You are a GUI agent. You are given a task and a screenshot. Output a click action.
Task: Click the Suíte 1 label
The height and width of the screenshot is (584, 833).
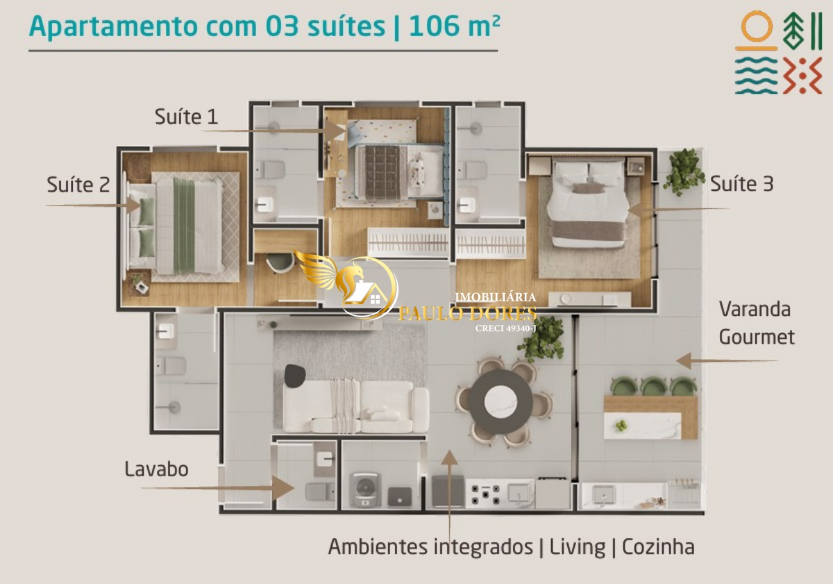click(186, 117)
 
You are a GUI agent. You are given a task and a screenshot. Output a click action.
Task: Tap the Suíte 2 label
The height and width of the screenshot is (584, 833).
click(78, 185)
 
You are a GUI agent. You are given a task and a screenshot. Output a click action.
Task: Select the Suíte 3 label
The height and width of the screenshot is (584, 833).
click(742, 184)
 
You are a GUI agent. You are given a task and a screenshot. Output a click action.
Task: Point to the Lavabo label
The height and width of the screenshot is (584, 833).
click(156, 469)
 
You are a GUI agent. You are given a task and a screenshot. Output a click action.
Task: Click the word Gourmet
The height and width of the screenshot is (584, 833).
click(757, 337)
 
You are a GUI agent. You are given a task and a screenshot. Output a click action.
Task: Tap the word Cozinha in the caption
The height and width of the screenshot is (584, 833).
click(658, 547)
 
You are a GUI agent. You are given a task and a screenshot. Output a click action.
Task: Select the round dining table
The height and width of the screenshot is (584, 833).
click(500, 401)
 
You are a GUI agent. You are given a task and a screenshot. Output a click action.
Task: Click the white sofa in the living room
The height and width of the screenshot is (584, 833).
click(356, 406)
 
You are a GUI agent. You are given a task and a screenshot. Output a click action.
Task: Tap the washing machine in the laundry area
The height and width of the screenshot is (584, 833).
click(366, 490)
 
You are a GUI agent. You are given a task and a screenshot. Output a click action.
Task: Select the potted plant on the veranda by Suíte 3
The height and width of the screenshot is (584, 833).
click(684, 172)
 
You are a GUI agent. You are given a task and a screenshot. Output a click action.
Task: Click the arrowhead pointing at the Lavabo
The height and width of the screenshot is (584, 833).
click(283, 488)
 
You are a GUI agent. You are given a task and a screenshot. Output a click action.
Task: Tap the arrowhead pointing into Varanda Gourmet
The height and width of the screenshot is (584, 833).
click(684, 360)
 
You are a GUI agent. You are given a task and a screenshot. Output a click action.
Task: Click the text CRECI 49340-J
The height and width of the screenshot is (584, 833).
click(506, 328)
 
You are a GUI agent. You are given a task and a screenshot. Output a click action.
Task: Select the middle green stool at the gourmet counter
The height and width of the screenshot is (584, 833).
click(653, 386)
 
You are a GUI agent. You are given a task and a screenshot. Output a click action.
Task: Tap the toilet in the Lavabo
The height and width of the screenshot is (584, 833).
click(319, 492)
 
